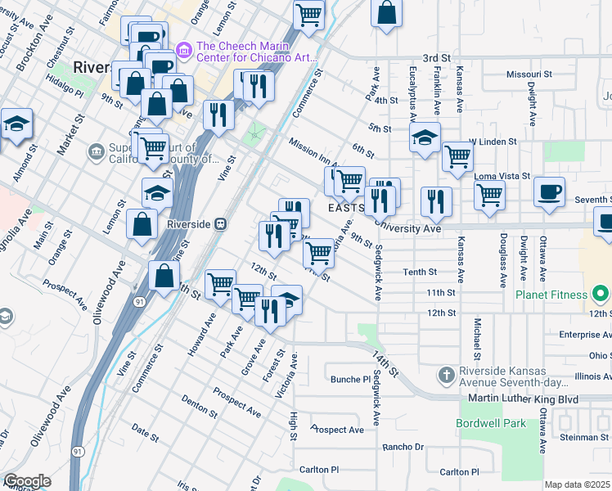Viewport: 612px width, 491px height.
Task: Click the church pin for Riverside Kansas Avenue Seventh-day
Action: coord(446,376)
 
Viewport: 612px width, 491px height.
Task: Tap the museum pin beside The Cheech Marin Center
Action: coord(183,52)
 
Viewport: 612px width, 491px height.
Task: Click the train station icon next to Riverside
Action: coord(220,223)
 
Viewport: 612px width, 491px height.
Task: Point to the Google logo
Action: coord(27,481)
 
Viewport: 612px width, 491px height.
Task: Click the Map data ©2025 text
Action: coord(578,484)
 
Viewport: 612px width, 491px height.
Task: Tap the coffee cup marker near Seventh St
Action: coord(549,193)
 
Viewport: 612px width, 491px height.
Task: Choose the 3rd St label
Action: coord(437,59)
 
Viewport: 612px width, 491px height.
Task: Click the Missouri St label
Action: coord(524,74)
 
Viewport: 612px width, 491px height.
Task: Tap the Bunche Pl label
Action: coord(351,379)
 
